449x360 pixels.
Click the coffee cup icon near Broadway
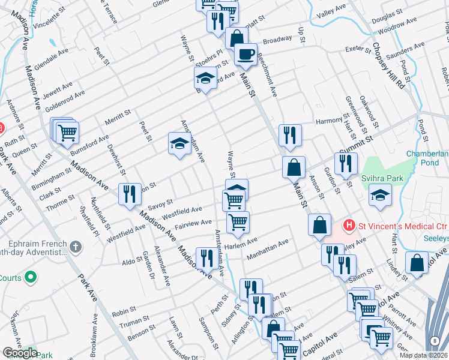pos(245,55)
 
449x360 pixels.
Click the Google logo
pos(20,353)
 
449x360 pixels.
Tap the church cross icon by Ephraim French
pos(75,246)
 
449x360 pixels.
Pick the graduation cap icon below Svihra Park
pos(379,195)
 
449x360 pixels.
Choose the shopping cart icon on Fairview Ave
pos(238,222)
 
